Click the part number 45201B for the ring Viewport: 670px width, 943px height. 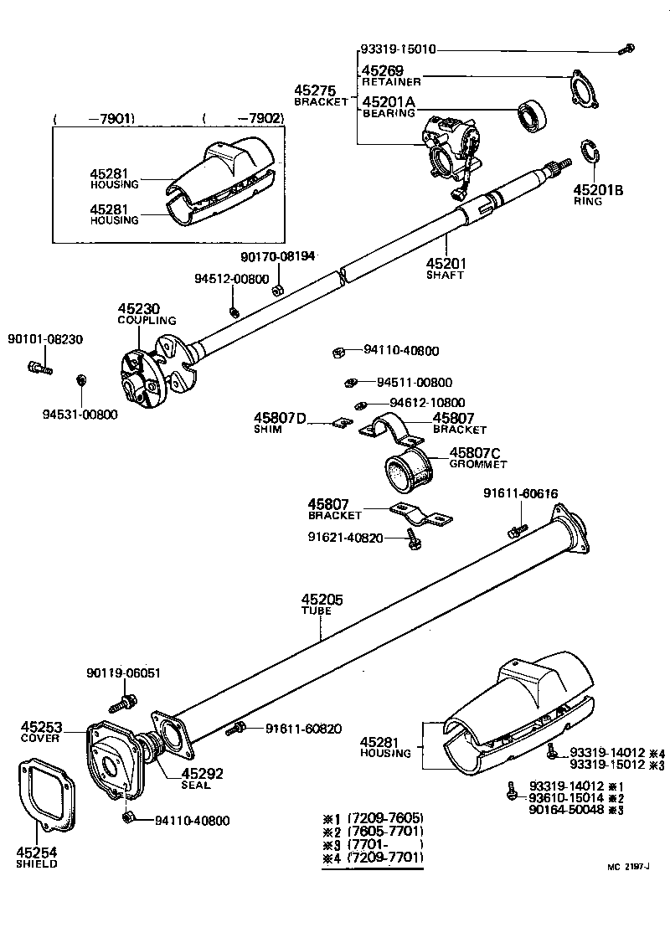[598, 190]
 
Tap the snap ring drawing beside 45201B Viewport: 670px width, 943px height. [588, 156]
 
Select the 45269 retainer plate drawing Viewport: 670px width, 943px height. [585, 90]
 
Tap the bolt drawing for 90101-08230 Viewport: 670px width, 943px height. [38, 367]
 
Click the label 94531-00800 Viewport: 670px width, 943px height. [80, 414]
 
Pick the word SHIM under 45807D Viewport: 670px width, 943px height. [268, 429]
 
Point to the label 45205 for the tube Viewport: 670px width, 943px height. [322, 600]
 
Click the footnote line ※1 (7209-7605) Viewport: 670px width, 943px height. [373, 817]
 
